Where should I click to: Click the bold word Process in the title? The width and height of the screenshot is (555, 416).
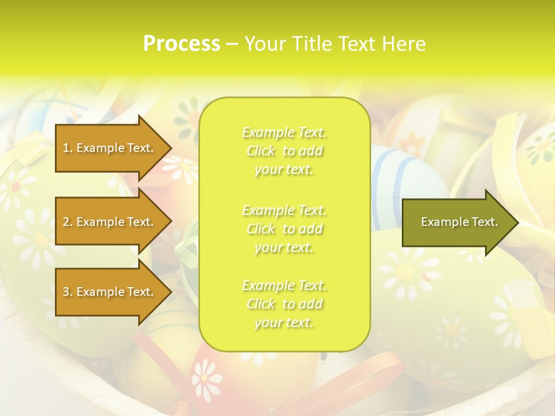pyautogui.click(x=182, y=44)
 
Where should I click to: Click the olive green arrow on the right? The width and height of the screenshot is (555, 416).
pyautogui.click(x=457, y=222)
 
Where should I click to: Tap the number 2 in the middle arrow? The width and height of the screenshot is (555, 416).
pyautogui.click(x=66, y=222)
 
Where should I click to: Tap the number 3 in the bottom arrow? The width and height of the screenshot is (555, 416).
pyautogui.click(x=66, y=292)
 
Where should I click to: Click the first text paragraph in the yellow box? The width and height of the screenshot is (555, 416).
pyautogui.click(x=284, y=151)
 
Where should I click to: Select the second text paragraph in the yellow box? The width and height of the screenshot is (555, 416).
pyautogui.click(x=284, y=229)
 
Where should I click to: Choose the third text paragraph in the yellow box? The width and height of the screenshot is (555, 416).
pyautogui.click(x=284, y=304)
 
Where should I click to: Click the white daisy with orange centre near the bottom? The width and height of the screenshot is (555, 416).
pyautogui.click(x=206, y=378)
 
